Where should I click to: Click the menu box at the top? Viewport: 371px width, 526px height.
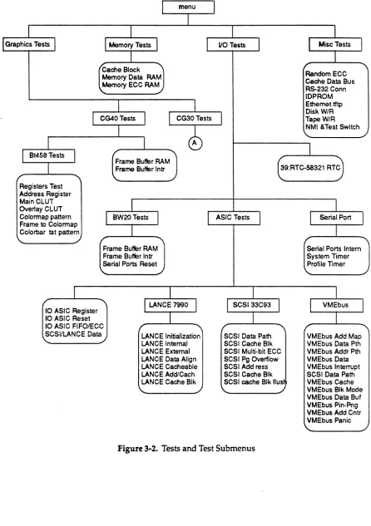coord(188,7)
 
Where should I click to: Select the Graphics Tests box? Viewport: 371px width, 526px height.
coord(28,44)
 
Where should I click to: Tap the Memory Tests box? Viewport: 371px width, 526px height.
coord(131,45)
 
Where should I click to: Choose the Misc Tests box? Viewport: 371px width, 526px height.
coord(335,44)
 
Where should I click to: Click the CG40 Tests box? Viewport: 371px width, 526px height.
coord(118,119)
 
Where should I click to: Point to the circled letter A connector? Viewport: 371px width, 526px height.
coord(195,143)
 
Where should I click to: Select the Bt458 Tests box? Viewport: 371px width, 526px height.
coord(48,155)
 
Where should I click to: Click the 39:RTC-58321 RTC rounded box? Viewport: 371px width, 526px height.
coord(310,168)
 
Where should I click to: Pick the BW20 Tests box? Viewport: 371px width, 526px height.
coord(131,218)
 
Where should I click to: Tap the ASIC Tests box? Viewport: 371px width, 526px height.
coord(234,218)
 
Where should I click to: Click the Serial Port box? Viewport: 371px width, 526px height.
coord(336,218)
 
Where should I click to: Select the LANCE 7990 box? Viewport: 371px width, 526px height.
coord(170,305)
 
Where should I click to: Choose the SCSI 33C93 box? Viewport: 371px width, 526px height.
coord(253,305)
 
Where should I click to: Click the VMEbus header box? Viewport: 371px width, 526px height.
coord(336,305)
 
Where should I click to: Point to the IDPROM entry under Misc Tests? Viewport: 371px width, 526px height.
coord(319,96)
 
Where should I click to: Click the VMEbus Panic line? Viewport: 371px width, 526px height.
coord(329,420)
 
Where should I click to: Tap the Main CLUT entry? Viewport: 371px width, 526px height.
coord(37,202)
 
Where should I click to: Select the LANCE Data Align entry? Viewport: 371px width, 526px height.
coord(169,359)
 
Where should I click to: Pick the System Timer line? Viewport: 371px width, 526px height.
coord(328,256)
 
